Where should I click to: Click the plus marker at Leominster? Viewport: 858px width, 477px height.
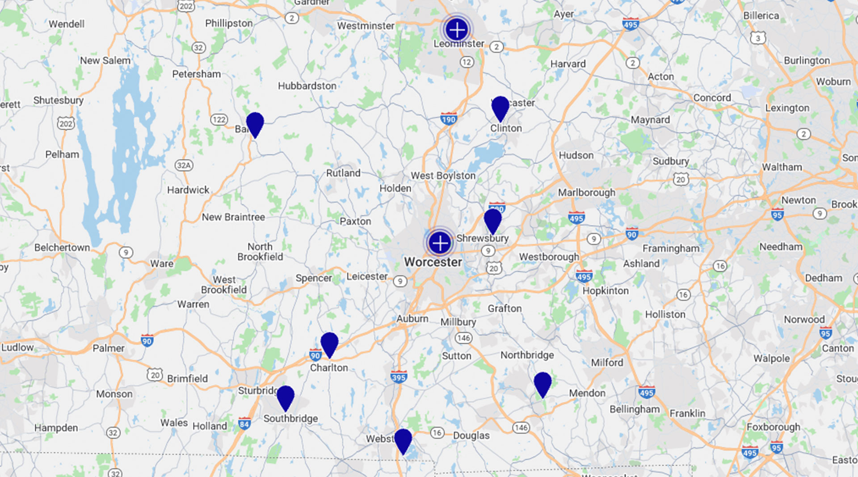pos(457,30)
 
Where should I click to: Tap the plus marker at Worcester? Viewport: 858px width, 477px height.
pos(440,243)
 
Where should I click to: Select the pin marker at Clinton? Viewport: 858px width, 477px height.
pos(500,107)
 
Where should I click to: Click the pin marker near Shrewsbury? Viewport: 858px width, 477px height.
pos(492,220)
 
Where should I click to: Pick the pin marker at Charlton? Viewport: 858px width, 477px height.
pos(329,344)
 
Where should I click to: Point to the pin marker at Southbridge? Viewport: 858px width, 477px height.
pos(286,397)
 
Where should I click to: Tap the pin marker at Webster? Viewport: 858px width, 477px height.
pos(403,440)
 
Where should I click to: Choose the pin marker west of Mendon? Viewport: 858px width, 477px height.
pos(543,384)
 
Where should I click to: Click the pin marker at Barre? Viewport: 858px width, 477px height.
pos(255,123)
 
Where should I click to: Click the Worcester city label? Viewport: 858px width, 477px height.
pos(433,262)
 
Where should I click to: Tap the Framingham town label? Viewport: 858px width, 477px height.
pos(671,248)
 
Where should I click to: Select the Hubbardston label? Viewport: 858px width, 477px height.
pos(307,85)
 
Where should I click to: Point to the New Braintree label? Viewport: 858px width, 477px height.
pos(233,217)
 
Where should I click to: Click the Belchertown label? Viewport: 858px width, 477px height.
pos(62,247)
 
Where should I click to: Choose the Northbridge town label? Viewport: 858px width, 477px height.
pos(527,355)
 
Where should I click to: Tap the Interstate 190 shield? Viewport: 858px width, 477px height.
pos(448,118)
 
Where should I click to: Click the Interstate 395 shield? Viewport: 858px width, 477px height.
pos(399,376)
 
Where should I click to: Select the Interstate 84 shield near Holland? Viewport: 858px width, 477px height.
pos(244,423)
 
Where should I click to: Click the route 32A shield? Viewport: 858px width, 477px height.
pos(184,165)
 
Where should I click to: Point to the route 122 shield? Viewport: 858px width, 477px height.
pos(219,119)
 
